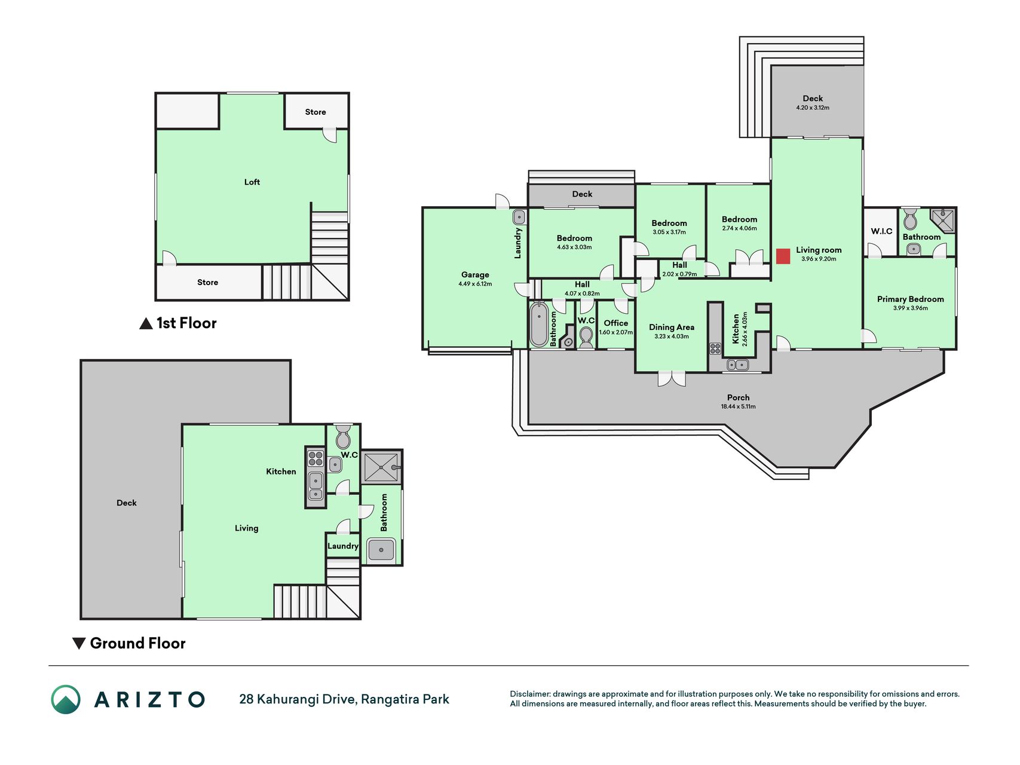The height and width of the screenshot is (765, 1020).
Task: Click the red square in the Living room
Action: pos(783,256)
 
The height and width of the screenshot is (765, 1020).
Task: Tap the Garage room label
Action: pos(475,275)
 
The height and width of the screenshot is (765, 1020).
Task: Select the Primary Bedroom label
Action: pos(910,299)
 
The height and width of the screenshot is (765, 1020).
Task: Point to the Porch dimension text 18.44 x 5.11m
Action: pos(738,406)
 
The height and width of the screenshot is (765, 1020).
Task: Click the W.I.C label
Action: pos(881,231)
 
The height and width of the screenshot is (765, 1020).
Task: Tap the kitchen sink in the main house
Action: pos(737,365)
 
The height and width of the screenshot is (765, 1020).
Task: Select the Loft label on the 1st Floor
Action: pos(252,182)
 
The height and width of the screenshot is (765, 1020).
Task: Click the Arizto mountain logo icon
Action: pos(66,699)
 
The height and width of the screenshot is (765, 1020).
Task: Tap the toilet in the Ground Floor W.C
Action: pos(343,437)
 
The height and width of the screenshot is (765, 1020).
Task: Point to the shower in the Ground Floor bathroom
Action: pos(381,467)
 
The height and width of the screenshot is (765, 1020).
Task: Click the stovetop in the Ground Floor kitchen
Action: pos(315,459)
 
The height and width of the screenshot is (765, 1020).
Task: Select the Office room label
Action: pos(615,323)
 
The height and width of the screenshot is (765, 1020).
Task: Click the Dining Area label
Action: pos(672,327)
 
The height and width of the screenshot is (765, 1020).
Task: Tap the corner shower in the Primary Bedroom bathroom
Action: pos(943,220)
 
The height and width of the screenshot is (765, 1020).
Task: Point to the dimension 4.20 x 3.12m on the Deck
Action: pos(813,108)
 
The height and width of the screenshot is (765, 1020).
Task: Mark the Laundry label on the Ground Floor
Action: pos(343,546)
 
